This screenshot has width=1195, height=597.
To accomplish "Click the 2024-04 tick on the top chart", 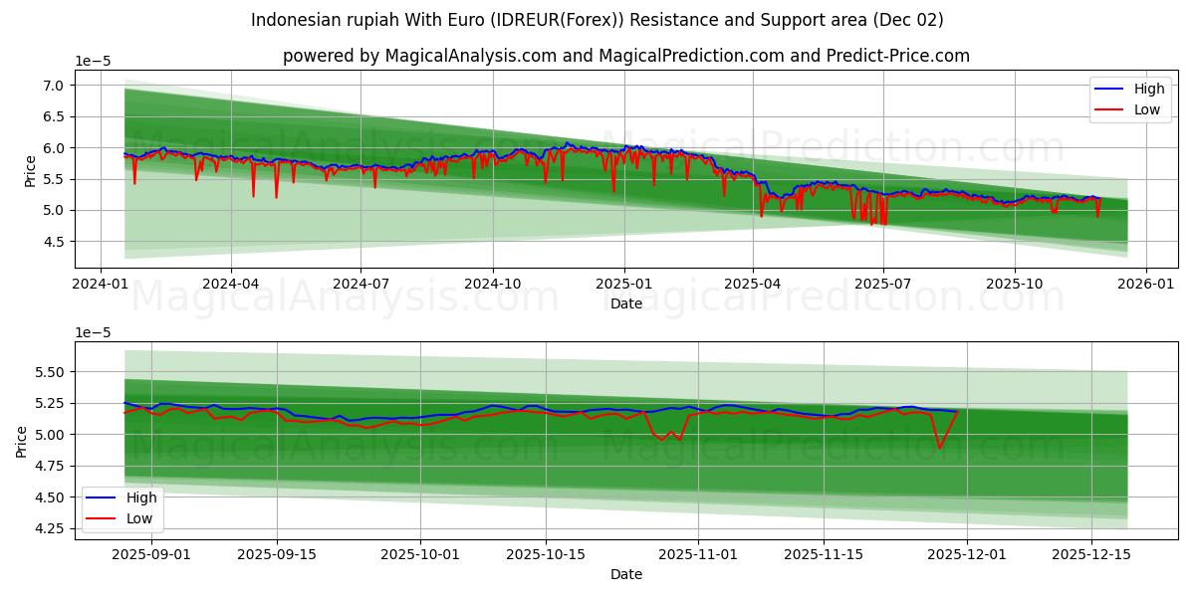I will pos(231,283).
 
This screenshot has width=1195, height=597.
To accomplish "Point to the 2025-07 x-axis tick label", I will pos(883,283).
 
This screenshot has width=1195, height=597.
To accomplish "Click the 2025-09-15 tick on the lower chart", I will pos(276,553).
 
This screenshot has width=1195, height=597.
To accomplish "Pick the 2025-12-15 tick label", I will pos(1091,553).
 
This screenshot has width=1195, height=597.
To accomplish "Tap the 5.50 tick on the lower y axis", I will pos(46,372).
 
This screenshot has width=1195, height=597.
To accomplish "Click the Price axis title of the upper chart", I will pos(30,169).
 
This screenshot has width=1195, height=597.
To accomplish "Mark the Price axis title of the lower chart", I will pos(22,440).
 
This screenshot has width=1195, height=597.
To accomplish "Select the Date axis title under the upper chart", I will pos(626,303).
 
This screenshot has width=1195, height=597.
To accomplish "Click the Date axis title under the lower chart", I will pos(626,574).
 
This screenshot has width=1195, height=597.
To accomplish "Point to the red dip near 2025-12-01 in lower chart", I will pos(939,447).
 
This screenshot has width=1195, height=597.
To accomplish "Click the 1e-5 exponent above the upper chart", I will pos(93,62).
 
